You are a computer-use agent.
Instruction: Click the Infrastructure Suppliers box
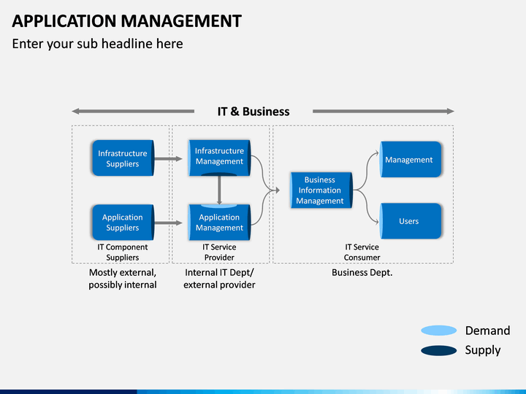click(123, 158)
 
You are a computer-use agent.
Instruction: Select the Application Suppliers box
click(123, 223)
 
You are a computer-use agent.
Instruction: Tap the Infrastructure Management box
click(219, 158)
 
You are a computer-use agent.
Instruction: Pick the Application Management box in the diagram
click(219, 222)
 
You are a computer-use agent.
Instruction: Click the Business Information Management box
click(321, 190)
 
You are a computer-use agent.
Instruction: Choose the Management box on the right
click(411, 160)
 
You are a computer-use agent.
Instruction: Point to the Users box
click(411, 221)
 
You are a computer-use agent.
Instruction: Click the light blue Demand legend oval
click(439, 331)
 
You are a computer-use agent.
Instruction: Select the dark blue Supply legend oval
click(439, 350)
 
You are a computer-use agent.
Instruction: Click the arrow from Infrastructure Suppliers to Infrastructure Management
click(168, 159)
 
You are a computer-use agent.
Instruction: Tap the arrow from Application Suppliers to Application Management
click(168, 223)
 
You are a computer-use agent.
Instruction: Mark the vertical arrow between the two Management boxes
click(219, 190)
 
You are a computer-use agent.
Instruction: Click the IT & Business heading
click(254, 112)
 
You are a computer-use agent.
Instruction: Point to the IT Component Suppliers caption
click(123, 252)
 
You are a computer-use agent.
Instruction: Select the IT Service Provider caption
click(219, 252)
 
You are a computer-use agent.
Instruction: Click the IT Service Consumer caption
click(362, 252)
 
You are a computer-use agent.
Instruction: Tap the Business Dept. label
click(362, 273)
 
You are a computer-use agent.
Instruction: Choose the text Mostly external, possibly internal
click(123, 279)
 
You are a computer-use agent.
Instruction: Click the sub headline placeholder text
click(98, 44)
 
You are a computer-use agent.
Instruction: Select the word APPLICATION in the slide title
click(64, 21)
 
